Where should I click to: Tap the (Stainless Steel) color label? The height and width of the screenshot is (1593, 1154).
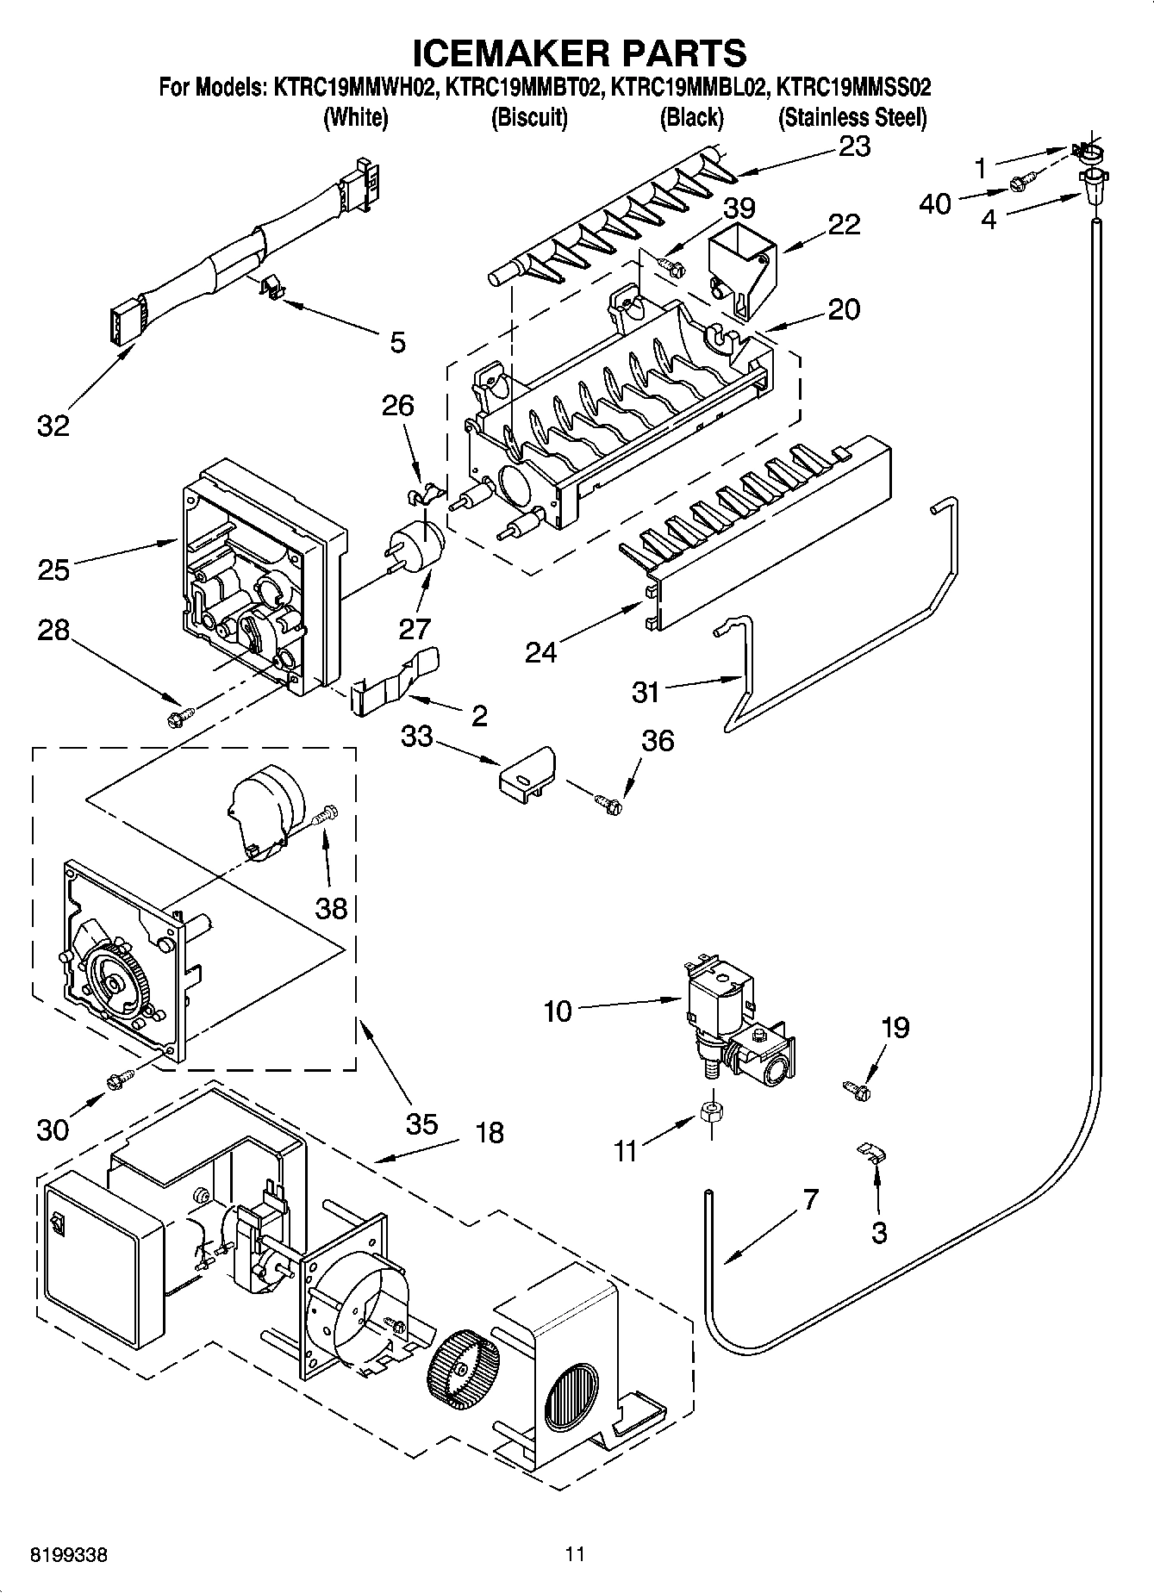click(852, 118)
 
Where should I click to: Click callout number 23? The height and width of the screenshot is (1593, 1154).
click(855, 146)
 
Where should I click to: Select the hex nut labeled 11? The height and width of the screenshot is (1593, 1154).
click(711, 1112)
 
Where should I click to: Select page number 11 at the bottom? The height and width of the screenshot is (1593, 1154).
click(575, 1554)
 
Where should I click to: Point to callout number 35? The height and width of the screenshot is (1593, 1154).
click(421, 1123)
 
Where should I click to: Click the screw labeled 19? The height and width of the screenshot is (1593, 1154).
click(858, 1091)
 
